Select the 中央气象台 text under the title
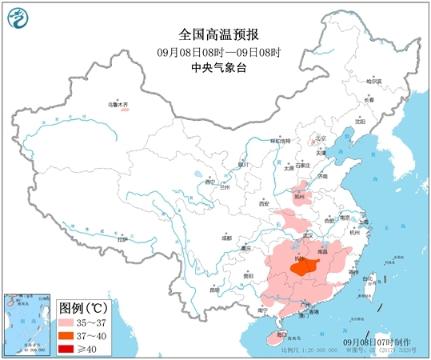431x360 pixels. click(x=214, y=67)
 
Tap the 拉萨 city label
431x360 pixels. click(x=122, y=238)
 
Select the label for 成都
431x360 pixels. click(x=226, y=238)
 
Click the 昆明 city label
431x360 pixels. click(x=214, y=289)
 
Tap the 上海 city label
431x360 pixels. click(x=364, y=222)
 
